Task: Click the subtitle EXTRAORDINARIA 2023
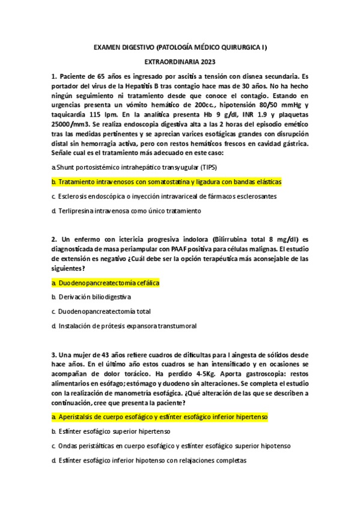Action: coord(180,61)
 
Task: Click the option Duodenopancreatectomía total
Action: coord(99,312)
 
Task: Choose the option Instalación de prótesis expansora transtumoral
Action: coord(123,327)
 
